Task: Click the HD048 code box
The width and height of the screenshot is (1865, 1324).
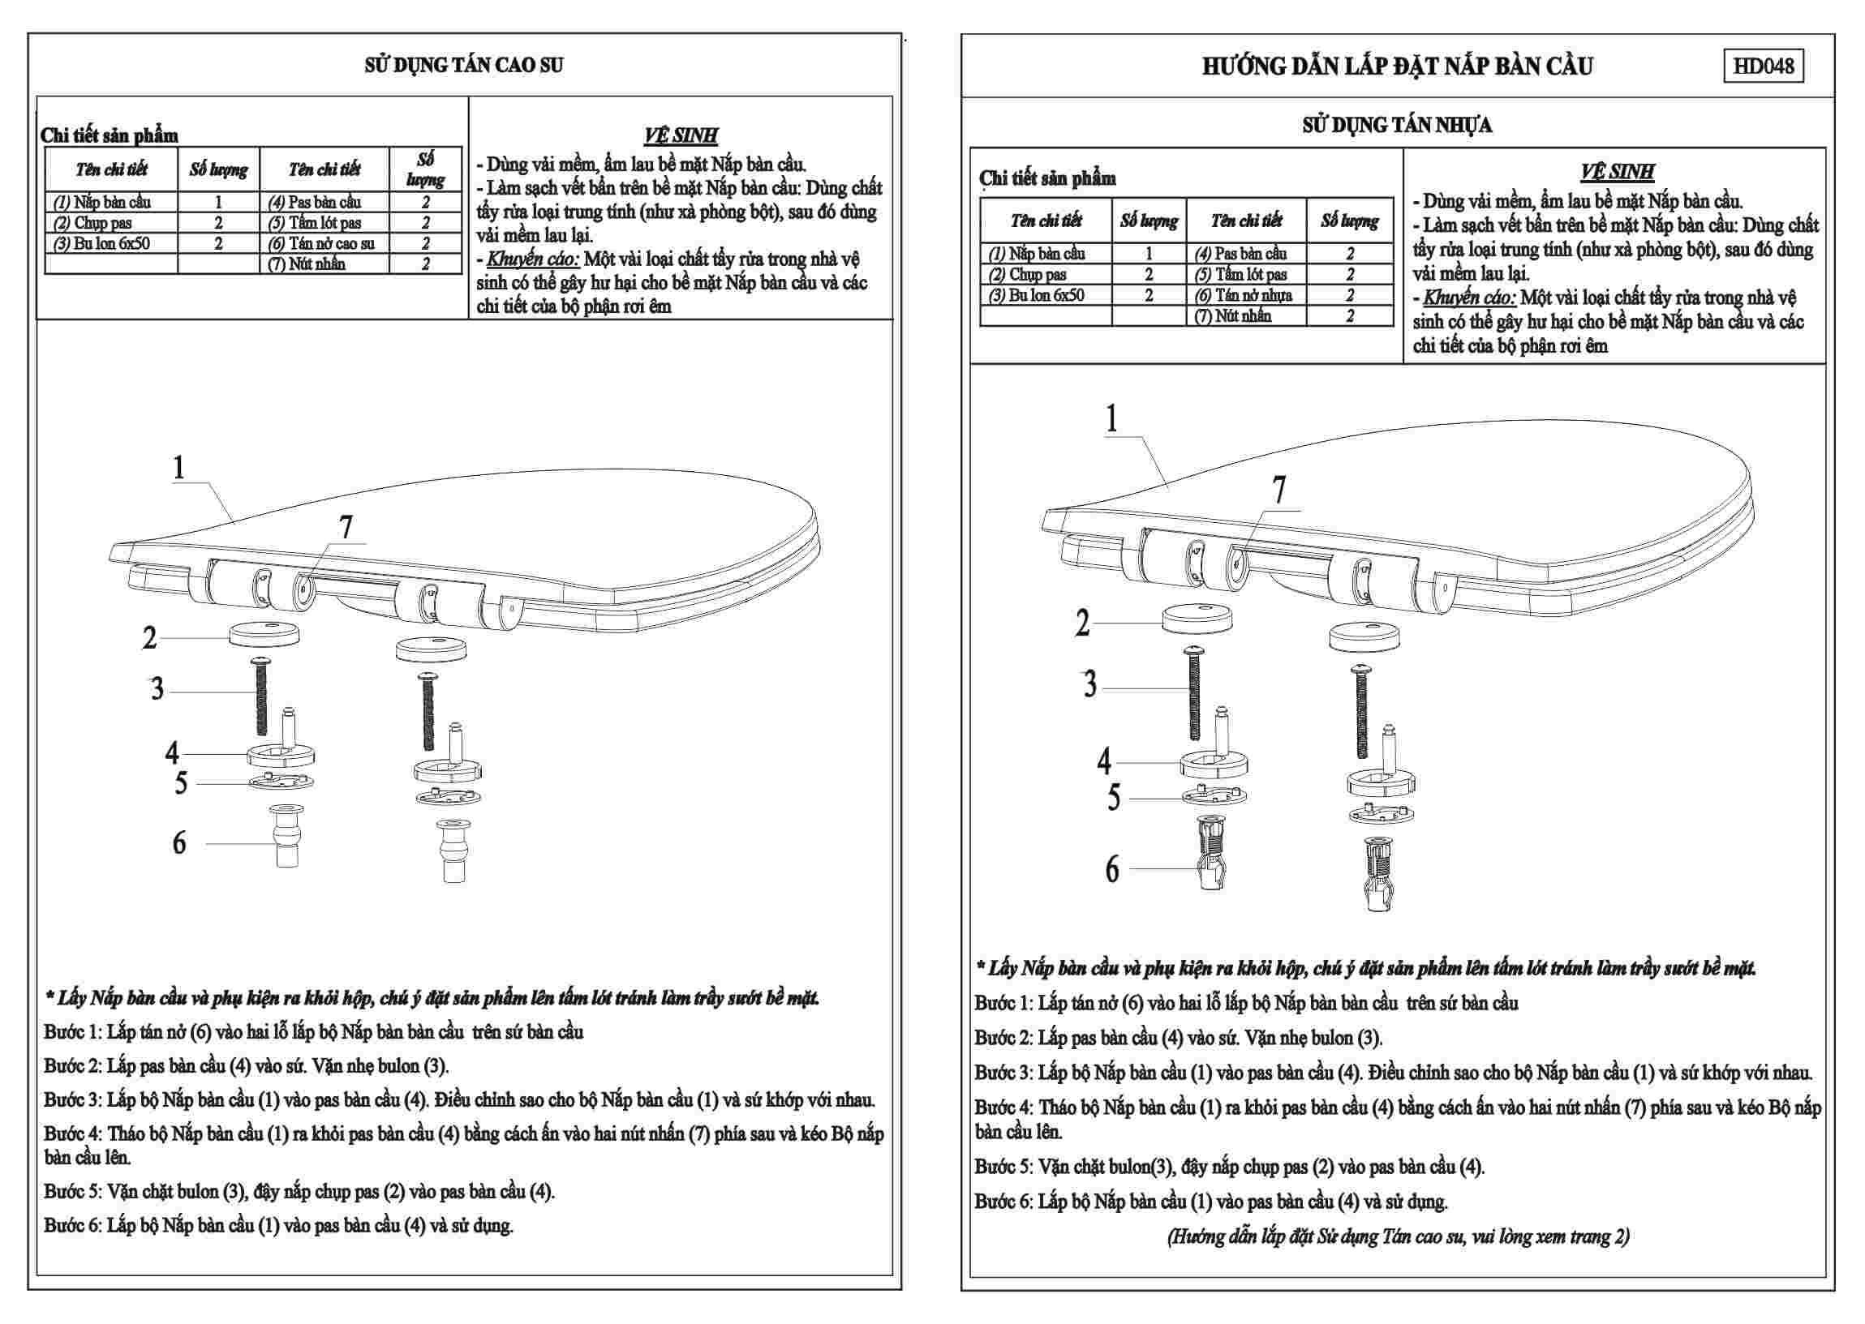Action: click(x=1762, y=66)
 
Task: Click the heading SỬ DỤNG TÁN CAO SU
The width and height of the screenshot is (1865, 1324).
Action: click(x=463, y=65)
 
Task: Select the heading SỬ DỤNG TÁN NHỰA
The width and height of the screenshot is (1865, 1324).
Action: click(x=1396, y=125)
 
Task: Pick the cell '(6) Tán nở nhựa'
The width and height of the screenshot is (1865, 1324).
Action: click(x=1245, y=295)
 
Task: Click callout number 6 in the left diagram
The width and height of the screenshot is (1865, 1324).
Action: click(x=178, y=842)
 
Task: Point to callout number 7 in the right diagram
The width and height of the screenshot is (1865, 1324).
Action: click(x=1278, y=490)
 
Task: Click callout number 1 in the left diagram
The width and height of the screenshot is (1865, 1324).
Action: click(x=178, y=467)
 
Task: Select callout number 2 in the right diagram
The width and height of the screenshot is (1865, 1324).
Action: click(x=1082, y=623)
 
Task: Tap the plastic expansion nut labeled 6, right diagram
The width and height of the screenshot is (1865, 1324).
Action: click(x=1210, y=863)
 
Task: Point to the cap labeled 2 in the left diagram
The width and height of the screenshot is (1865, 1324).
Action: click(x=264, y=633)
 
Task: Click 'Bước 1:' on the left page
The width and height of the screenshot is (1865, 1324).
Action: click(x=71, y=1032)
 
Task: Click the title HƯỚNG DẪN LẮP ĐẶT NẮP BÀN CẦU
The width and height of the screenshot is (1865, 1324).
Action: click(x=1397, y=66)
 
